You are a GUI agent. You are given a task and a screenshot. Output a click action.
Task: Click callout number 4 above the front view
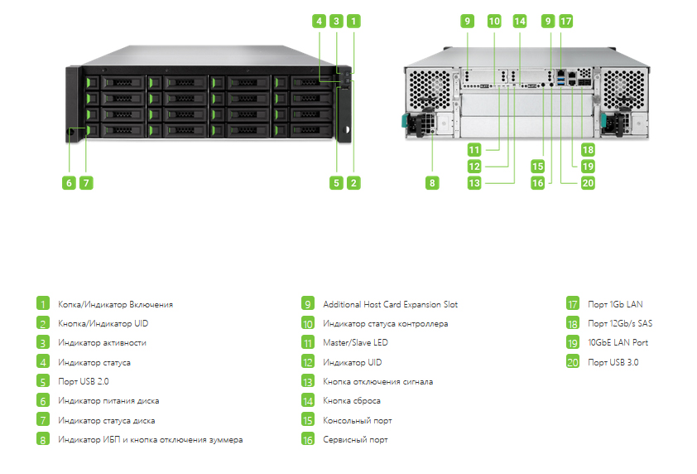tap(319, 21)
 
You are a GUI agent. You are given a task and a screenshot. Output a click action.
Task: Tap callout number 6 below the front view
tap(69, 182)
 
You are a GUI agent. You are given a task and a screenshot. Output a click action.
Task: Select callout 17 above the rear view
tap(565, 21)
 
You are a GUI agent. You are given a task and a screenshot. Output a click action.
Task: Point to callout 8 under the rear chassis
tap(432, 182)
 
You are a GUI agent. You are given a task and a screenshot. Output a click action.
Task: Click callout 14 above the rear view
tap(520, 21)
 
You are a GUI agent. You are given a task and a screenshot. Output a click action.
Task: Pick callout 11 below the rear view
tap(474, 150)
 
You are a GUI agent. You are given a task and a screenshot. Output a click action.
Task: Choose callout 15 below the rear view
tap(538, 167)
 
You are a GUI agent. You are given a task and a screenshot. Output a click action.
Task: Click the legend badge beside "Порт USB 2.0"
tap(43, 381)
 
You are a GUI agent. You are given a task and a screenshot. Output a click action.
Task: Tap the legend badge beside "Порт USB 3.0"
tap(573, 362)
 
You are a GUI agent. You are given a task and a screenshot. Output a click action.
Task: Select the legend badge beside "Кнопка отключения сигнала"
tap(308, 381)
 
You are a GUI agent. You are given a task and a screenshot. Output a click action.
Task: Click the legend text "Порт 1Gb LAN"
tap(615, 304)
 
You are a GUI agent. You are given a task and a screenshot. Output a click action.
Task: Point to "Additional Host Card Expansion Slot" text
tap(390, 304)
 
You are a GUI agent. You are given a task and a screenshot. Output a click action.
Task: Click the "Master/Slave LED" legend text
tap(355, 342)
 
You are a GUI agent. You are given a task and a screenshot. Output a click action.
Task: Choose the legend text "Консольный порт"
tap(358, 420)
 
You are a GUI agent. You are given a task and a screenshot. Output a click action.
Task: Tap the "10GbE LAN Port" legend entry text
tap(618, 342)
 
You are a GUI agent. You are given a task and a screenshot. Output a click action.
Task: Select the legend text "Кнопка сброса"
tap(352, 400)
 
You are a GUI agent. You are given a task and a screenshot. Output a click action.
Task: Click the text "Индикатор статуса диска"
tap(107, 420)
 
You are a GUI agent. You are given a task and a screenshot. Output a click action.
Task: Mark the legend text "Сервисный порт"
tap(355, 440)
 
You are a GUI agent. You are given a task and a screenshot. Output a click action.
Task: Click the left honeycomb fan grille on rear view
tap(430, 89)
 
